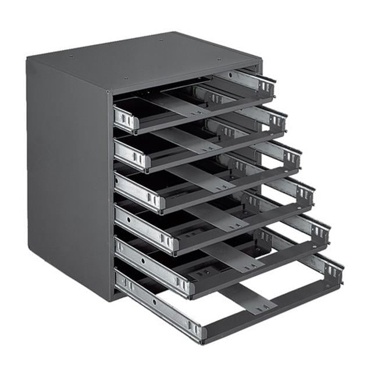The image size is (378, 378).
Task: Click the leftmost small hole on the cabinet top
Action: pos(70,56)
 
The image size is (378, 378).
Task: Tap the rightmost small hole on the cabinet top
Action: pos(219,59)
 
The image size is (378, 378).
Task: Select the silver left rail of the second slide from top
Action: pos(131,154)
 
